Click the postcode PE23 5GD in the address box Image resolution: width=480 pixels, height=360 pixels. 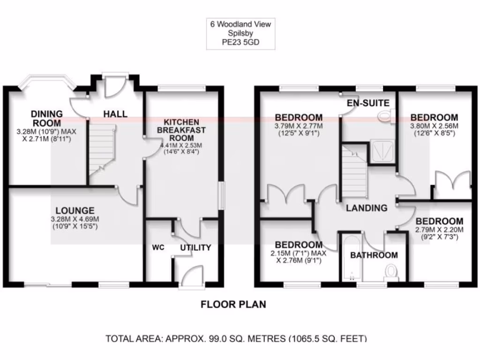tap(240, 42)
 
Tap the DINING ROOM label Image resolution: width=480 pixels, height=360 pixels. tap(46, 118)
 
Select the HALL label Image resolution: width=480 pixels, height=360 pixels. tap(115, 114)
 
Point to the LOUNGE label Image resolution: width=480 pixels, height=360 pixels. tap(75, 210)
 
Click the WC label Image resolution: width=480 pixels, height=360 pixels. tap(157, 247)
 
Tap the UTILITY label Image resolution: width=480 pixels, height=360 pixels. tap(195, 247)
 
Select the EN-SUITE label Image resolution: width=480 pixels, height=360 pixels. tap(368, 103)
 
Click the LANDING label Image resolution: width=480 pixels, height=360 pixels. tap(367, 208)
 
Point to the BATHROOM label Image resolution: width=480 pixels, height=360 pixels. tap(374, 255)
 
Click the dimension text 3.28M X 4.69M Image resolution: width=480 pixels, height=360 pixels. tap(75, 219)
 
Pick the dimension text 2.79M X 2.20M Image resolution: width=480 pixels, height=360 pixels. tap(439, 230)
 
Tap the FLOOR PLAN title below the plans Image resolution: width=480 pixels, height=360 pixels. tap(233, 304)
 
